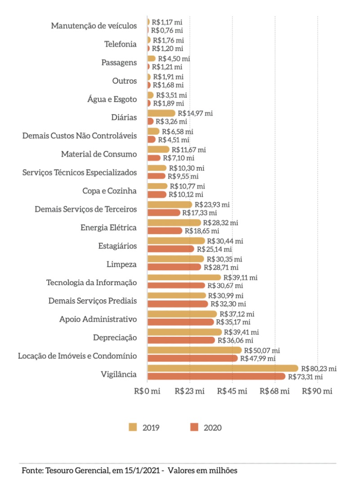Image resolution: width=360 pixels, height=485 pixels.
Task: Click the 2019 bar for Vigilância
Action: [222, 368]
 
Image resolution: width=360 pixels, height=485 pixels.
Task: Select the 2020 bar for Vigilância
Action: [216, 376]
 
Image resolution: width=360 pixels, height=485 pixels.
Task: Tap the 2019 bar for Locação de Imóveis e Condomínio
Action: [194, 350]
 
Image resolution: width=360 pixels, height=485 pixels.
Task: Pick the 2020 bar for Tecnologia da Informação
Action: [176, 286]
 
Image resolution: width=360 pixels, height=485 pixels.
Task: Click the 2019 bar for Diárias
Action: [161, 113]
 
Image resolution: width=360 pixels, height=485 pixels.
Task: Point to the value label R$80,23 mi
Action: [319, 368]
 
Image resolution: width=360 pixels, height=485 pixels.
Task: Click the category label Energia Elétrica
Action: [108, 228]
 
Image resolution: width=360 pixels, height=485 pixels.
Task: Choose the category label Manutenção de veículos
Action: [93, 26]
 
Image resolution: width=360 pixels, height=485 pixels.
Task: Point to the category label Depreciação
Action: [115, 338]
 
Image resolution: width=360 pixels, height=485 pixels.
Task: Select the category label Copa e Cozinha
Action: [109, 191]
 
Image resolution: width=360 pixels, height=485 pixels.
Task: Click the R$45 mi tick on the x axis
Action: [232, 391]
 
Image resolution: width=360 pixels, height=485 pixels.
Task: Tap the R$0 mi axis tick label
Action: [147, 391]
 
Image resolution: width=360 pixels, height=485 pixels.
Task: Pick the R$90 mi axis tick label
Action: [317, 391]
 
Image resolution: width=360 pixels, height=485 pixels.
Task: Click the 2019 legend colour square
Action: [133, 427]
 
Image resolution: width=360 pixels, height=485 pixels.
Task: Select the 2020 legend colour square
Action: [194, 427]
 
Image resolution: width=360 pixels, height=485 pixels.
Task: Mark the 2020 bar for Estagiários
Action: [171, 249]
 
